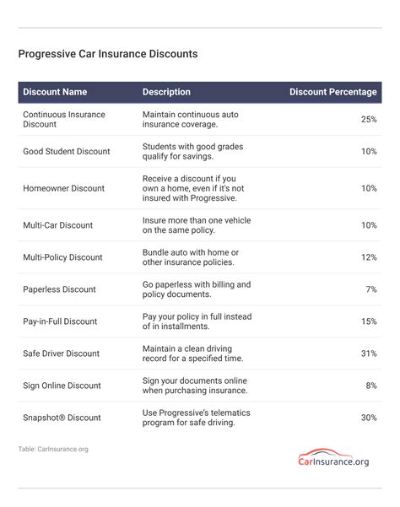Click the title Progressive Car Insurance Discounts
click(x=108, y=54)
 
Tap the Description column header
click(x=166, y=92)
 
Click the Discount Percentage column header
click(x=332, y=92)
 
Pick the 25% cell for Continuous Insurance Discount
click(x=369, y=119)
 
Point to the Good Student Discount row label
click(x=67, y=152)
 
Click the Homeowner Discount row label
click(x=63, y=188)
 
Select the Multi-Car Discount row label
click(x=58, y=225)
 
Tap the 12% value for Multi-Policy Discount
click(x=369, y=257)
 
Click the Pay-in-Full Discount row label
click(x=61, y=321)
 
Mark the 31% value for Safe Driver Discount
click(x=369, y=353)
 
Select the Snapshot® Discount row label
click(x=62, y=418)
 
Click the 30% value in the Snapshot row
click(x=369, y=418)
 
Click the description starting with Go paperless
click(x=197, y=289)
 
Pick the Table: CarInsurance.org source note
click(x=53, y=450)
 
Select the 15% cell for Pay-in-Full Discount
click(x=369, y=321)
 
